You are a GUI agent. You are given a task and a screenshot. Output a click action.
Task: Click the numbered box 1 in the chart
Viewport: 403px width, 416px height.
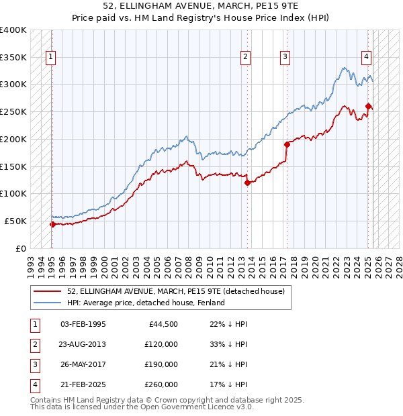tap(51, 57)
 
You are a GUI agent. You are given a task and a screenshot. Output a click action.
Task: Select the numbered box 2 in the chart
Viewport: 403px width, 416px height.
tap(246, 57)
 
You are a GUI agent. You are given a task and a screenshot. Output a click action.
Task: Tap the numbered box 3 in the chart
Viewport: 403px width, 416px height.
tap(285, 57)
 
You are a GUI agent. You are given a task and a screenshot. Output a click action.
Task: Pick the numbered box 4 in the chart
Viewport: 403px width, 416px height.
tap(367, 57)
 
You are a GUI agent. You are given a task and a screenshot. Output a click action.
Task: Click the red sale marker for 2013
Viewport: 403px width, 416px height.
tap(247, 182)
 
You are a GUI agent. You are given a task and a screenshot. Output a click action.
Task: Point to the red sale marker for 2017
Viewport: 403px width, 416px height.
tap(287, 144)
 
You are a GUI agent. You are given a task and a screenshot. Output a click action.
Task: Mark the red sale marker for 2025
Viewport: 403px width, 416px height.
tap(369, 105)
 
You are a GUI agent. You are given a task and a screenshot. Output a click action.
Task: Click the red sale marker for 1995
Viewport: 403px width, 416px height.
tap(52, 224)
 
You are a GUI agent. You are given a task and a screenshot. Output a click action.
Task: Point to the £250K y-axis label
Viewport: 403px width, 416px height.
tap(13, 111)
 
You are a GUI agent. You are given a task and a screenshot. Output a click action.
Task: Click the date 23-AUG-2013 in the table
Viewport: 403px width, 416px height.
tap(83, 344)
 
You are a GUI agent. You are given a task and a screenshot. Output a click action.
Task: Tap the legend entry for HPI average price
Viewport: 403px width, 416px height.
tap(145, 303)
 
